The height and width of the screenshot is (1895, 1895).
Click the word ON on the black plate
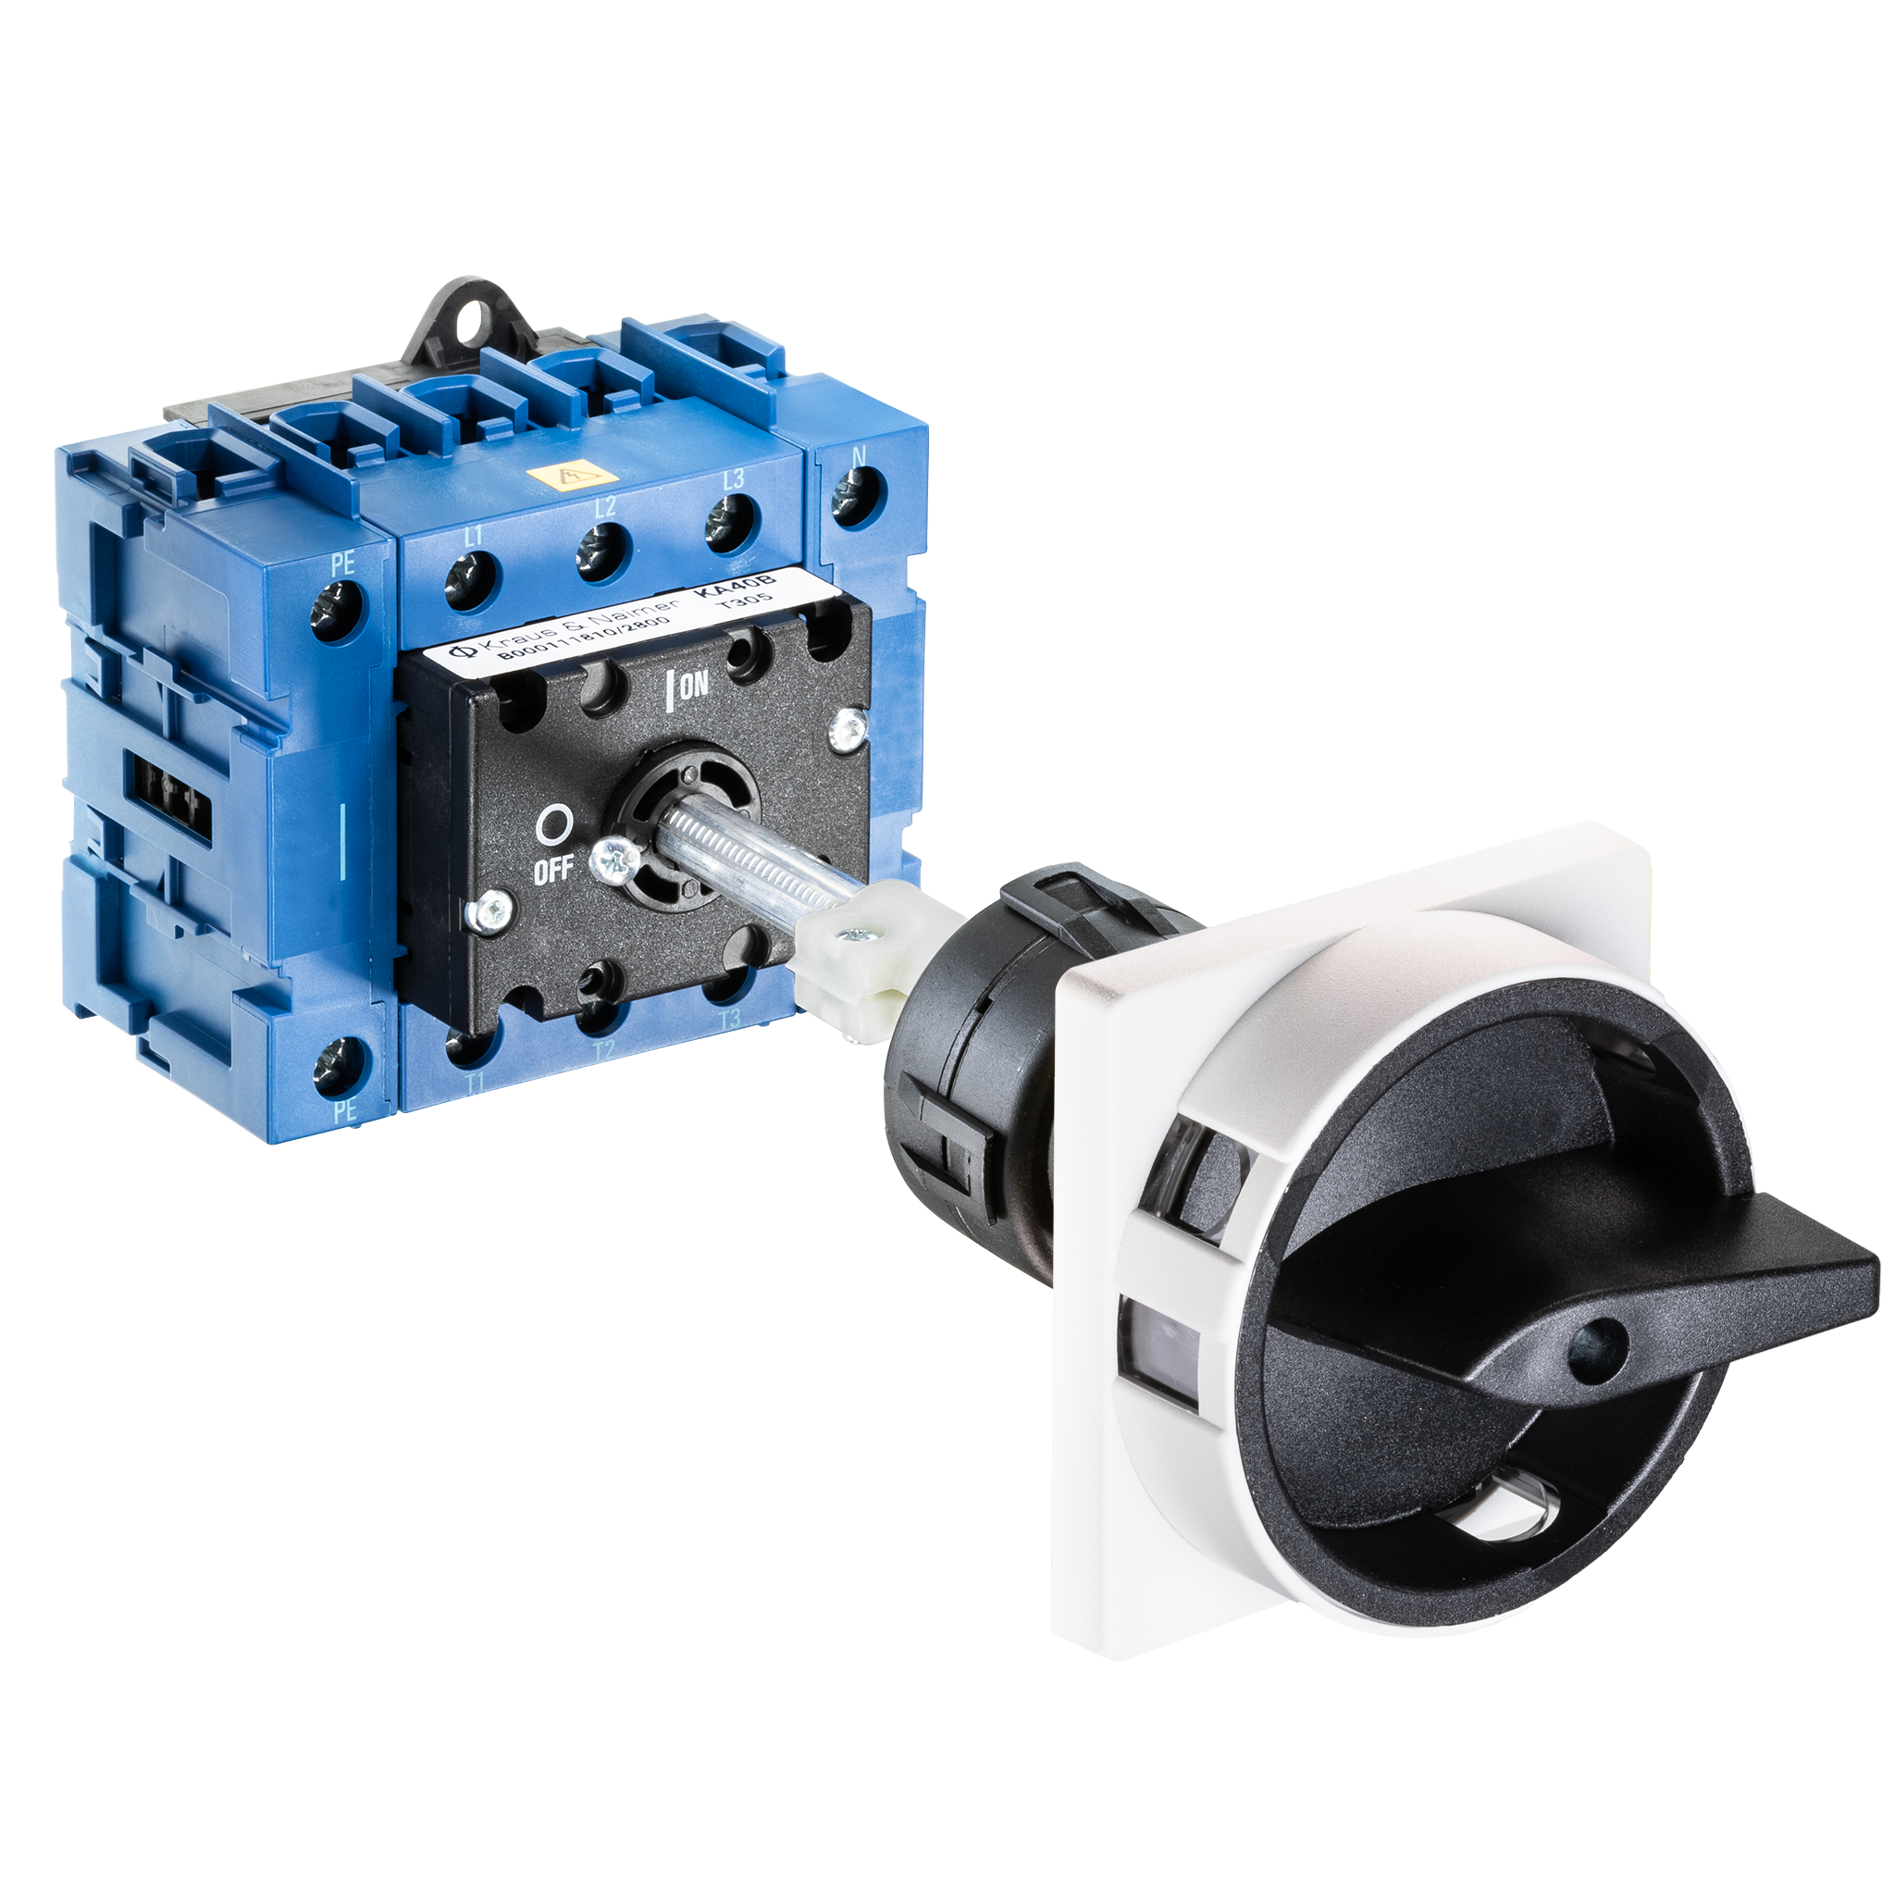[x=693, y=686]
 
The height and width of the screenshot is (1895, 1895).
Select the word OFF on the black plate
[x=554, y=872]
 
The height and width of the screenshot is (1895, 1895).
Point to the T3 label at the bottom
[x=729, y=1020]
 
